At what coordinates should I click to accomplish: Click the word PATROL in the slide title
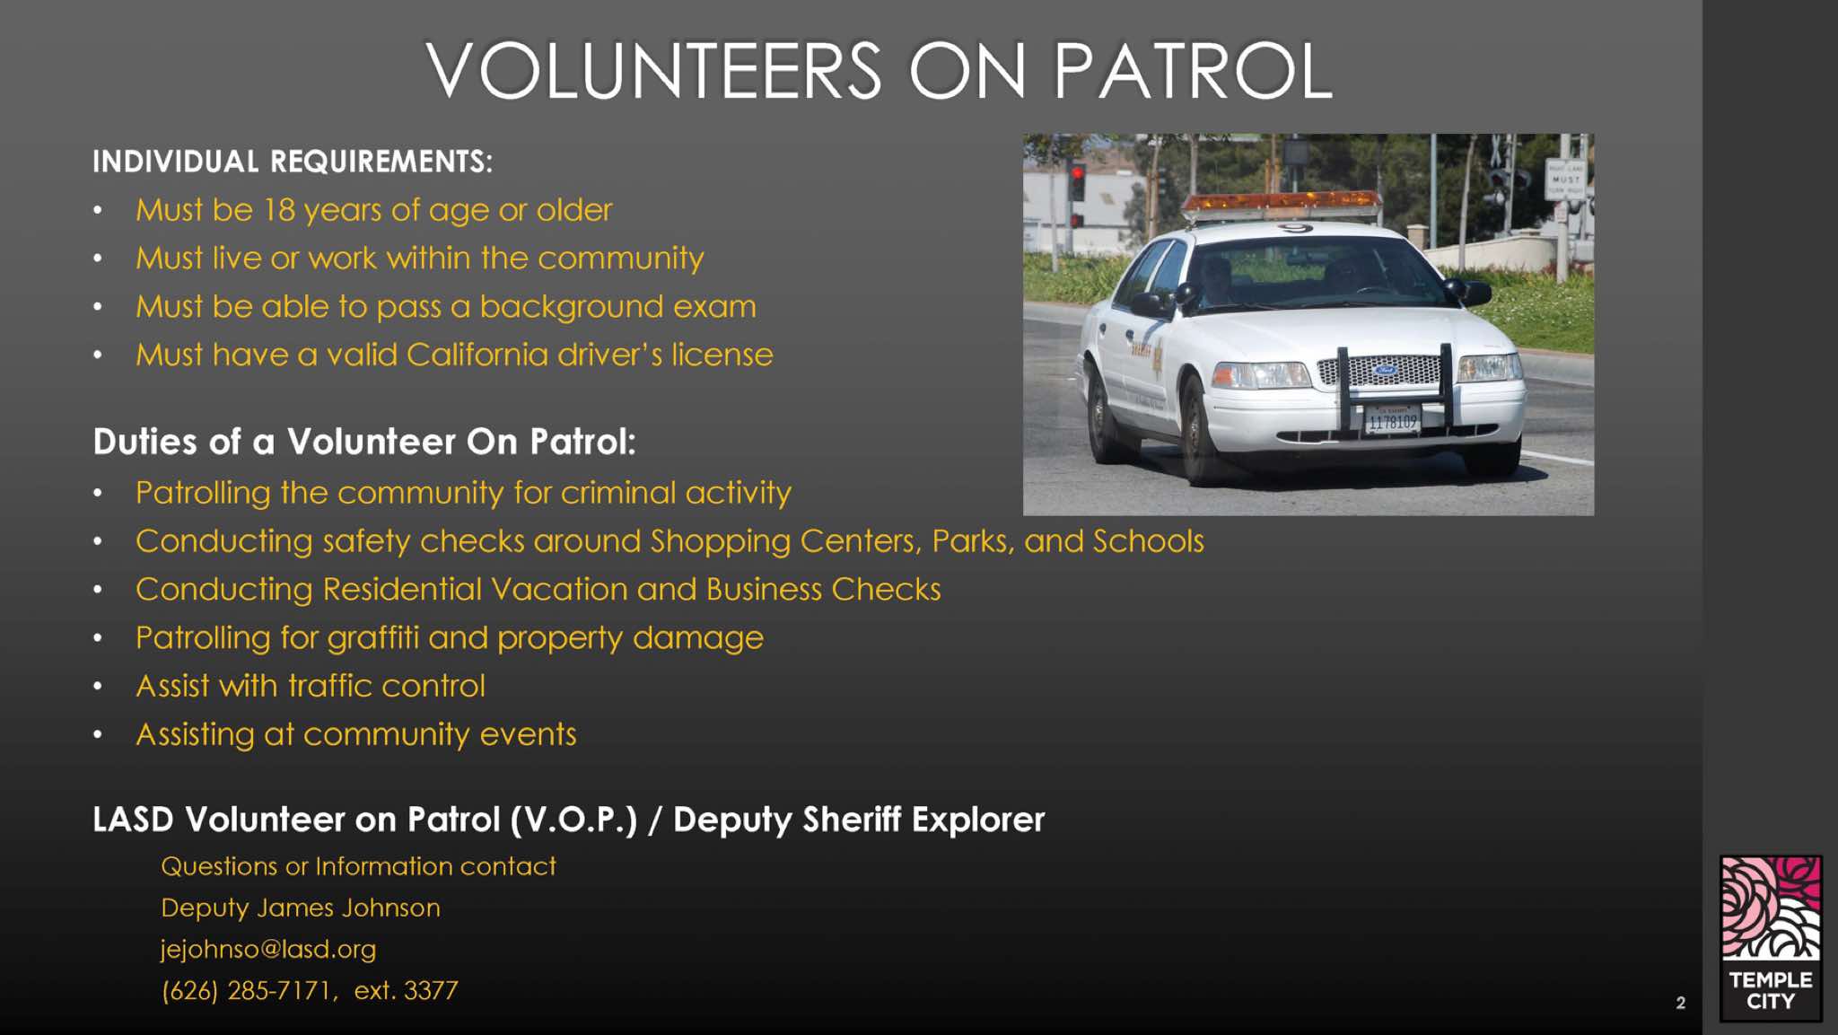coord(1193,71)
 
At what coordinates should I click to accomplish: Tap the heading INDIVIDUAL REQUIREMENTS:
coord(293,162)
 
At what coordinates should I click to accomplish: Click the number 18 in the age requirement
coord(279,210)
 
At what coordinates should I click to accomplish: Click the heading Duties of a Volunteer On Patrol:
coord(364,442)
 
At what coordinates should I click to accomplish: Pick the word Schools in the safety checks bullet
coord(1148,541)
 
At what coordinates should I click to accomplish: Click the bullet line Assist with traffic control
coord(311,686)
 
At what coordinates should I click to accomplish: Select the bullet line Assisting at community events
coord(355,735)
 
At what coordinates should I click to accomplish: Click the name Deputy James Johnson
coord(301,908)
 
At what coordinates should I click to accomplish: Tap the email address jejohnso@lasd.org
coord(268,950)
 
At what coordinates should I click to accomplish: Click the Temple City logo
coord(1771,938)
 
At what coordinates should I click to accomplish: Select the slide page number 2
coord(1680,1003)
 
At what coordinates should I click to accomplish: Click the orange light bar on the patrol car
coord(1281,205)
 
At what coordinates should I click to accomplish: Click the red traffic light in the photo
coord(1077,172)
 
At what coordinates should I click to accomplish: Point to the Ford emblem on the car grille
coord(1385,369)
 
